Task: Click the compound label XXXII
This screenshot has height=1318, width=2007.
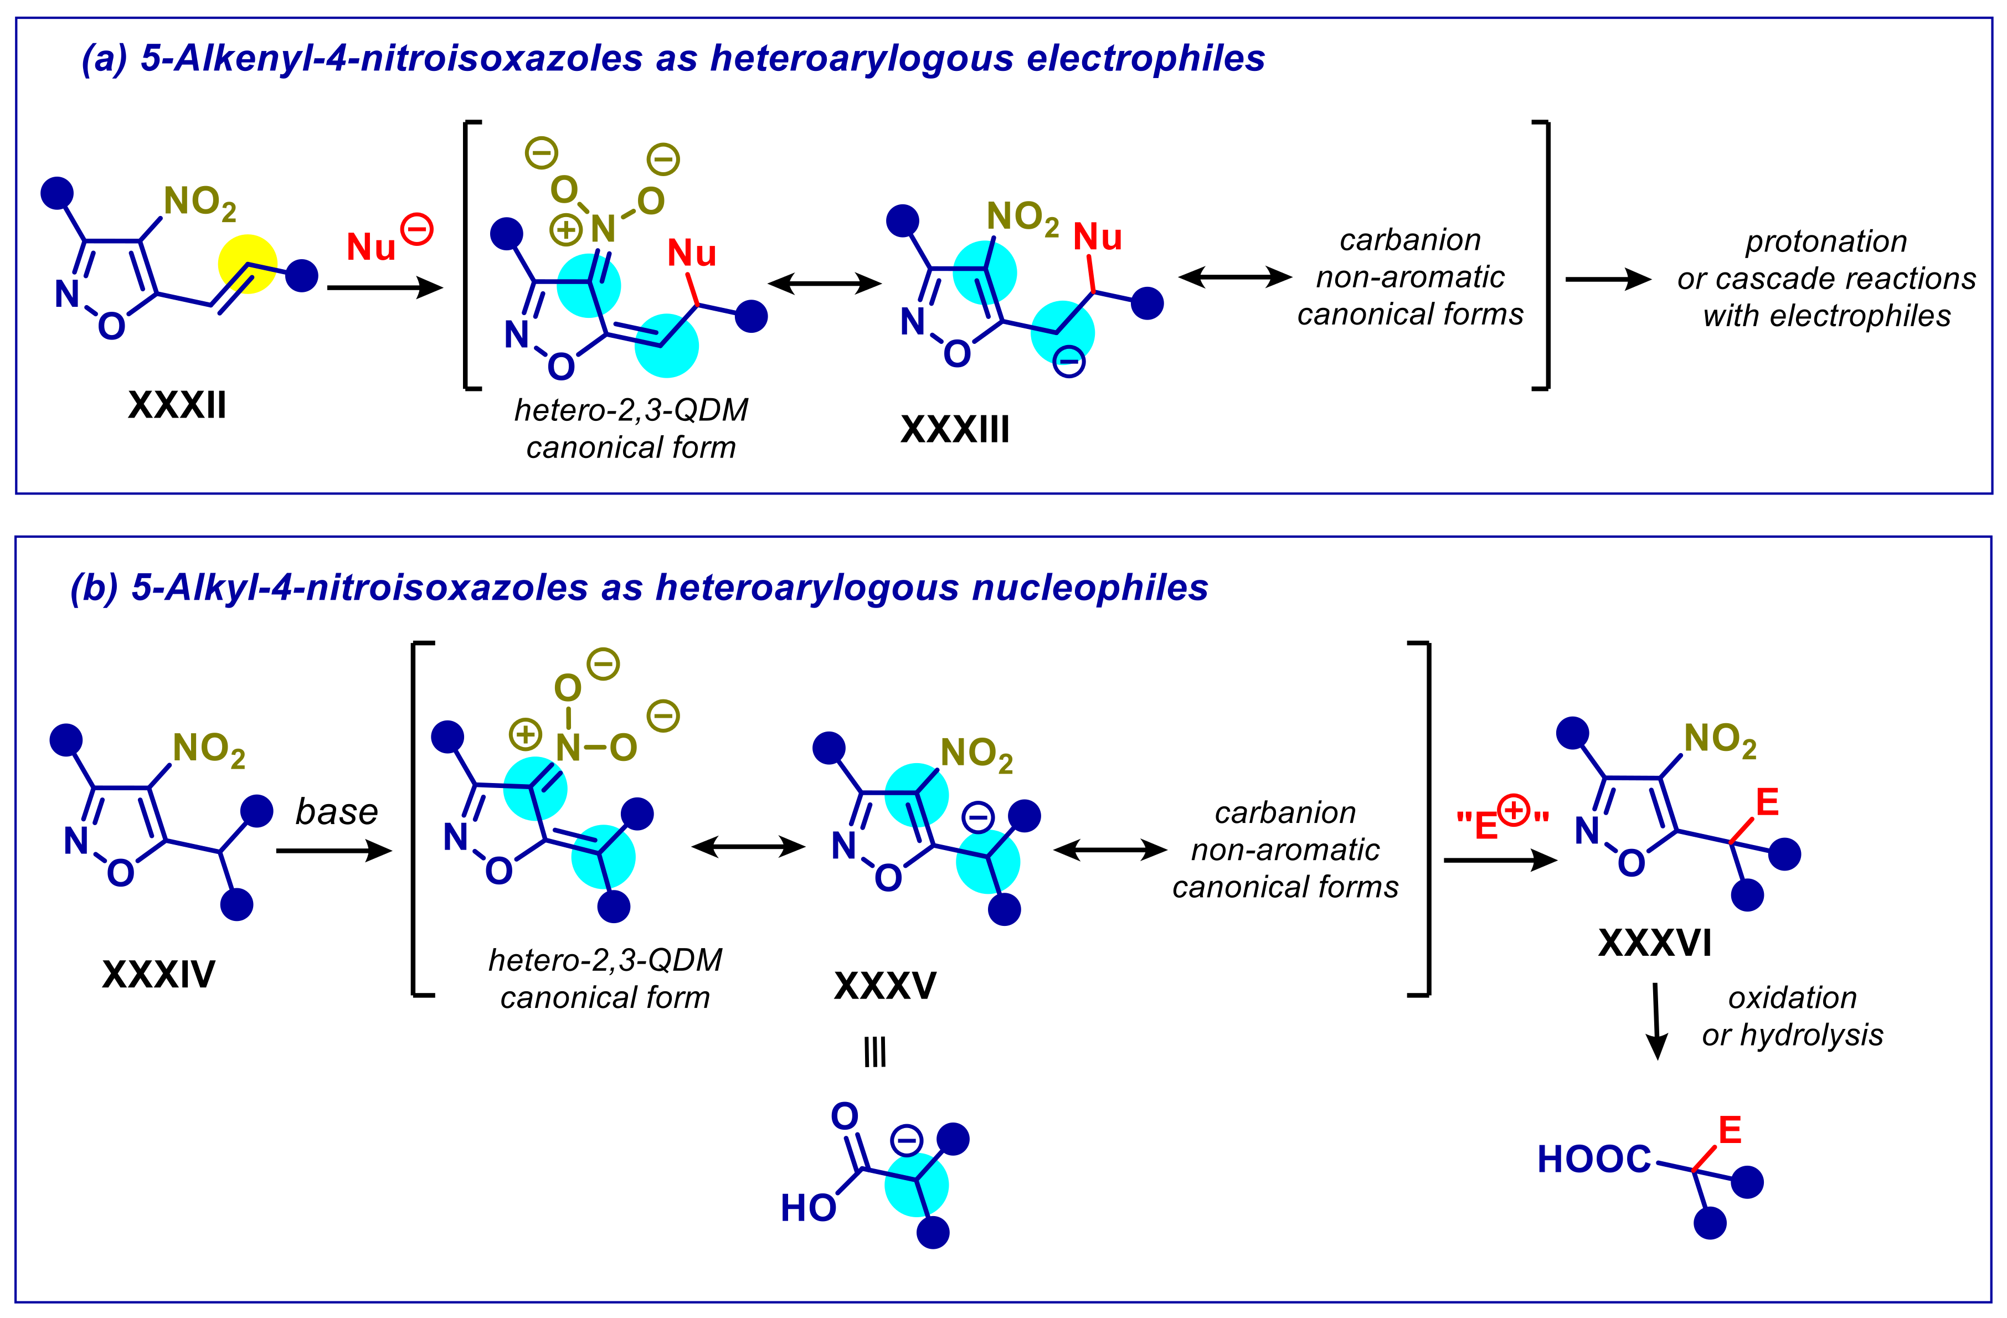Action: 177,405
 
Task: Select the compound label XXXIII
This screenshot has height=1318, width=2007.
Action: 955,430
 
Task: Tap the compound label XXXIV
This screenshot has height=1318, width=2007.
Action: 158,975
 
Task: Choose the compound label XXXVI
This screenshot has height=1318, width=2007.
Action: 1655,943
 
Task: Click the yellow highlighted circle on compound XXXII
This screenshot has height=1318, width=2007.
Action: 247,264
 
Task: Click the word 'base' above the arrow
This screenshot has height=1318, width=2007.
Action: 337,812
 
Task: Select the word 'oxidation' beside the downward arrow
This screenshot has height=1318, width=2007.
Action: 1792,997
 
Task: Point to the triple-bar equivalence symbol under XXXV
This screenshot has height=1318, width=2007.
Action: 874,1052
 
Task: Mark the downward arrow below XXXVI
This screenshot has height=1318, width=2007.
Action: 1656,1020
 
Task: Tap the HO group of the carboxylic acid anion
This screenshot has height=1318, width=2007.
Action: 808,1208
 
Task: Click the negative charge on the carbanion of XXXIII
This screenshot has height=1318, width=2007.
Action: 1068,363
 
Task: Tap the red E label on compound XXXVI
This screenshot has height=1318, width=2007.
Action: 1767,802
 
